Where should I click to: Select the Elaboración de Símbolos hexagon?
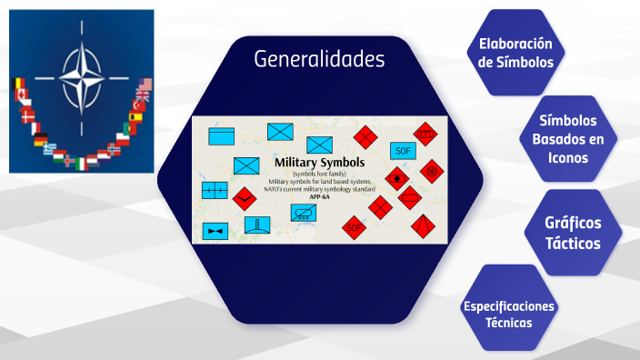(515, 53)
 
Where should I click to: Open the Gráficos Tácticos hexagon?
(573, 232)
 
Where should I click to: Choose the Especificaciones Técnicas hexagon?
(508, 314)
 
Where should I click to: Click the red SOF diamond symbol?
(355, 227)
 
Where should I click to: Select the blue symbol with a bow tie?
(215, 231)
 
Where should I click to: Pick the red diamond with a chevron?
(243, 197)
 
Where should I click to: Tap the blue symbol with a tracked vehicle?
(303, 213)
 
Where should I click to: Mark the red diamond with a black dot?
(396, 177)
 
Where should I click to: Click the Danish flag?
(27, 115)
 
